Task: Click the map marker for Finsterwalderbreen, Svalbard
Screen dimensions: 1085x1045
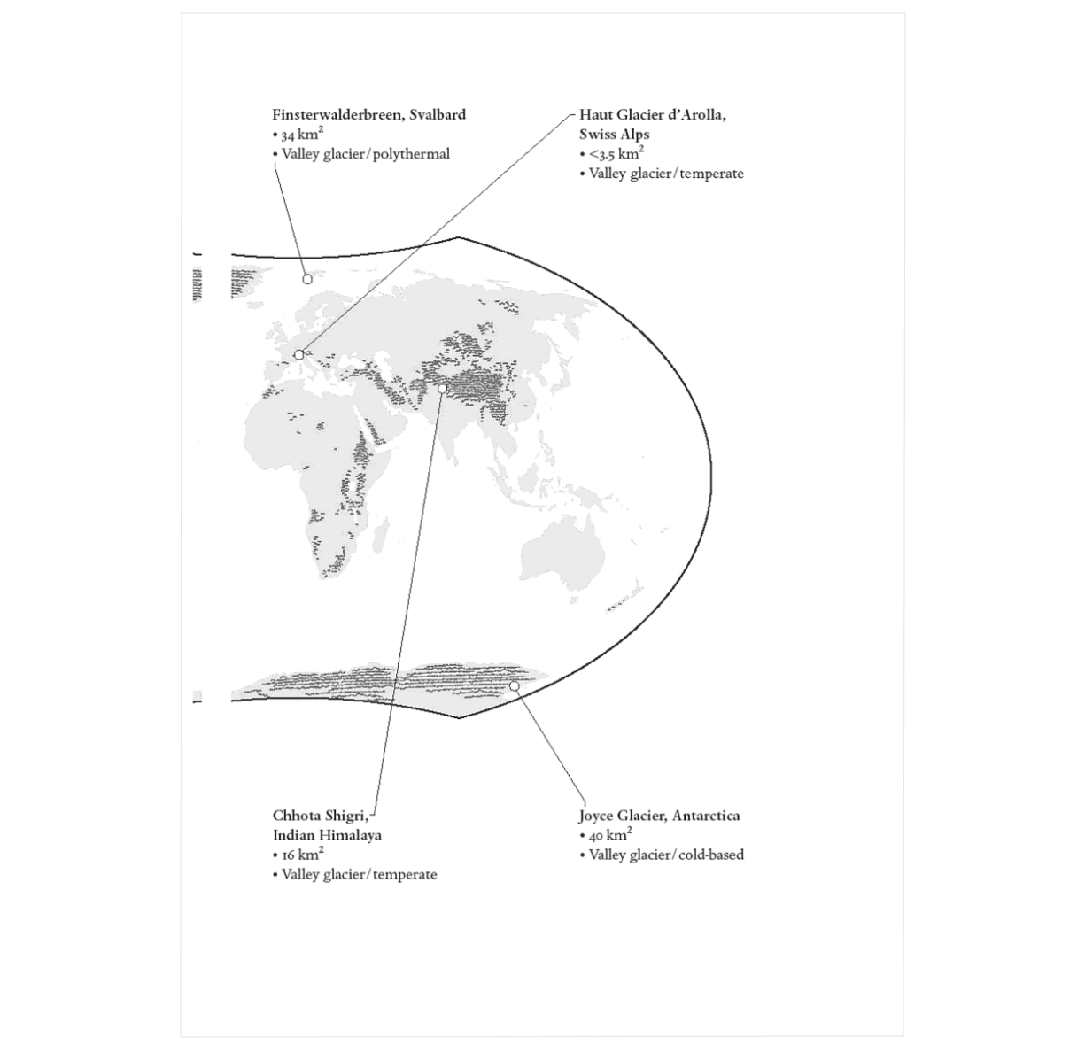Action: pyautogui.click(x=307, y=279)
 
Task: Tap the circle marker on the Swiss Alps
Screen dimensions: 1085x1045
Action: pyautogui.click(x=298, y=354)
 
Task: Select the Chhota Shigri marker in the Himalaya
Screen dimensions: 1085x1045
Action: pyautogui.click(x=442, y=389)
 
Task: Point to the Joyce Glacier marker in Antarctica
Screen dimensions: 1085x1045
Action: pyautogui.click(x=514, y=685)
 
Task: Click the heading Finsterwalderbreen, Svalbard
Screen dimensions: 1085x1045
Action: pyautogui.click(x=369, y=115)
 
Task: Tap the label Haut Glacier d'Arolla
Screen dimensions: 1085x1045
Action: pyautogui.click(x=653, y=115)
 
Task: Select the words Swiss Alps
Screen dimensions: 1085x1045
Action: pyautogui.click(x=614, y=135)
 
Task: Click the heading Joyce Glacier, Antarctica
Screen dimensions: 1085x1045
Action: pyautogui.click(x=659, y=816)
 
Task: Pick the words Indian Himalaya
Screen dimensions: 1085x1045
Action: pyautogui.click(x=328, y=835)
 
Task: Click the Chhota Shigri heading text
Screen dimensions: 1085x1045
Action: pyautogui.click(x=321, y=816)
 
